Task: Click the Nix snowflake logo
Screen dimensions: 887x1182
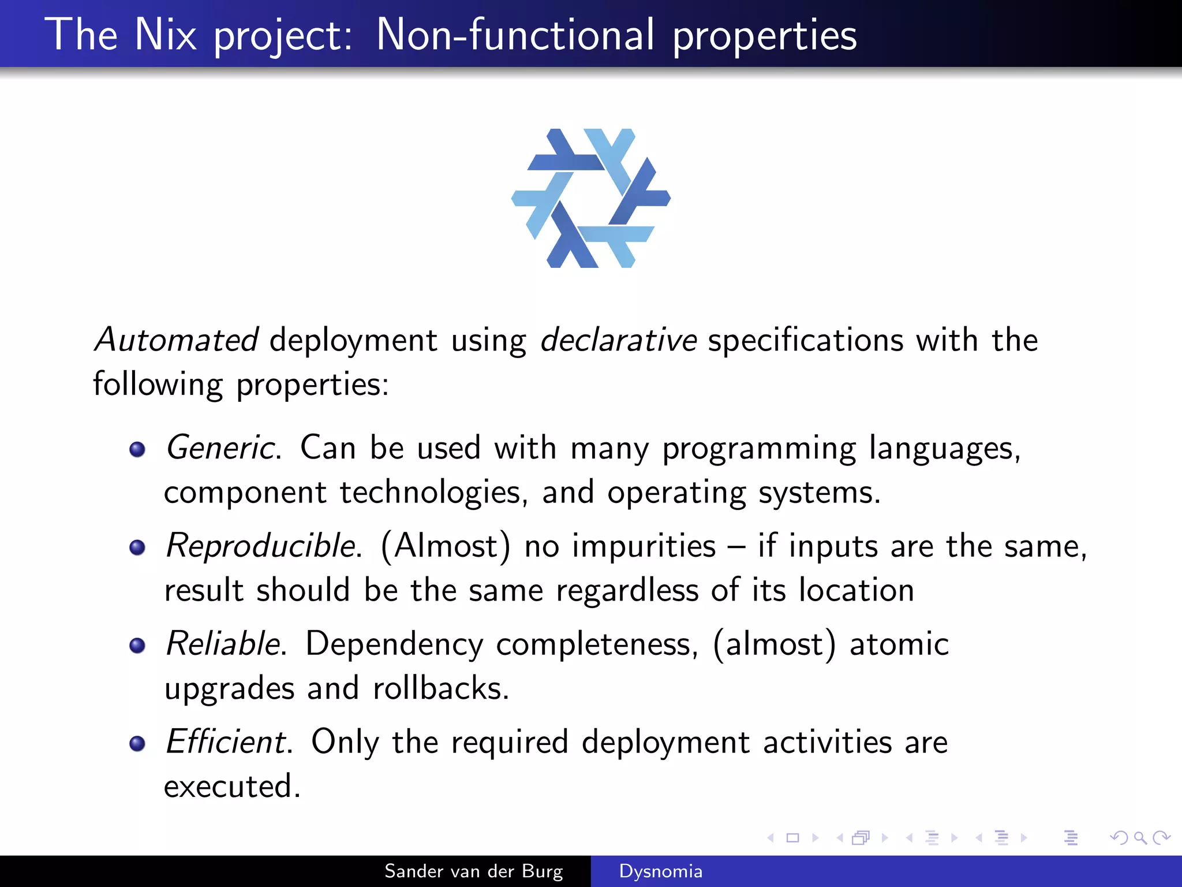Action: click(x=590, y=198)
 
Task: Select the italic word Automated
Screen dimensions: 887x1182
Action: click(x=177, y=340)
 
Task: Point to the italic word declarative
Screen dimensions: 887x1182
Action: click(x=618, y=340)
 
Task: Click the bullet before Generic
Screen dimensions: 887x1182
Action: click(x=137, y=449)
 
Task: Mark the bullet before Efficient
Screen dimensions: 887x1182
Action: click(x=137, y=743)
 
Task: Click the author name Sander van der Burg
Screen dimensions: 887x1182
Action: click(x=473, y=871)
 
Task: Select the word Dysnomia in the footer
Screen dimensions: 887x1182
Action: click(x=661, y=871)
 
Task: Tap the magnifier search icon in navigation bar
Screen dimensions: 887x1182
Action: click(x=1140, y=837)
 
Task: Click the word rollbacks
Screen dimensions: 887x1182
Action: click(x=441, y=688)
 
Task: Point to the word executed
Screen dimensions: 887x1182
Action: click(x=232, y=787)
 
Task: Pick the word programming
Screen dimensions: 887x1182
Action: click(x=759, y=449)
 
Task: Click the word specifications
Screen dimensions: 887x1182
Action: click(x=806, y=340)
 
